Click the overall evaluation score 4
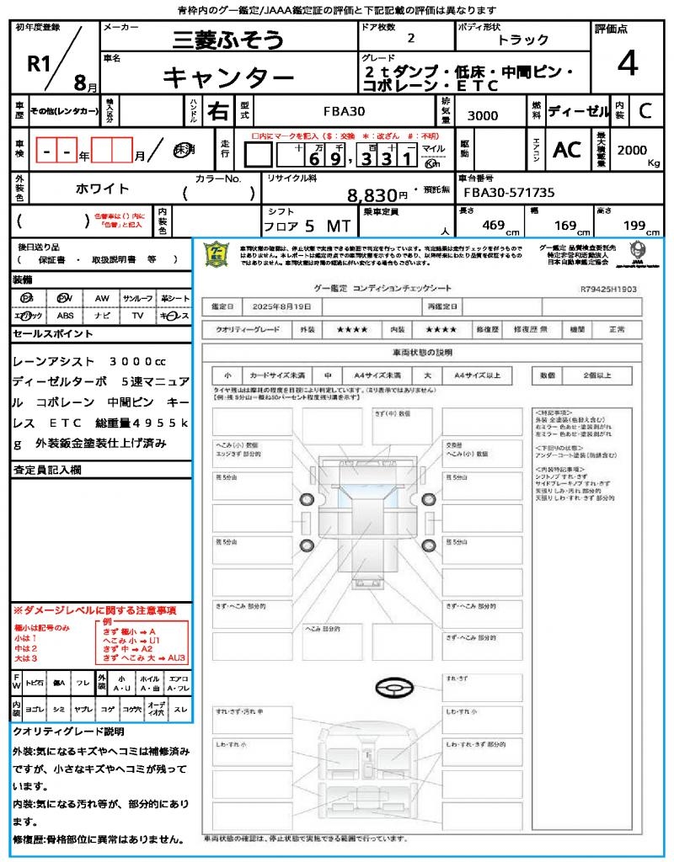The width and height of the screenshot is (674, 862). tap(627, 63)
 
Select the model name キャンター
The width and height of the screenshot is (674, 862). tap(227, 77)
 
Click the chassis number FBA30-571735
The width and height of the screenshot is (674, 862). tap(510, 193)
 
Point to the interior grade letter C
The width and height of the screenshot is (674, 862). tap(645, 111)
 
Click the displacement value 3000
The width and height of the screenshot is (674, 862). tap(483, 115)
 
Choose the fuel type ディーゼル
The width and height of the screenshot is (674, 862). tap(578, 111)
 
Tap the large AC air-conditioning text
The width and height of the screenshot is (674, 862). tap(567, 150)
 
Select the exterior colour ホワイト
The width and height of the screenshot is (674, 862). tap(104, 189)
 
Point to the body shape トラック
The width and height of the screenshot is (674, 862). tap(522, 40)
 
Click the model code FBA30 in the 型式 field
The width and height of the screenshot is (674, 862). tap(344, 111)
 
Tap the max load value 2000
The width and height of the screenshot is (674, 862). tap(632, 150)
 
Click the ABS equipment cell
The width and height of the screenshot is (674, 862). tap(65, 316)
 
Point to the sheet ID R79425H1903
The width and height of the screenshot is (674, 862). tap(608, 289)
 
